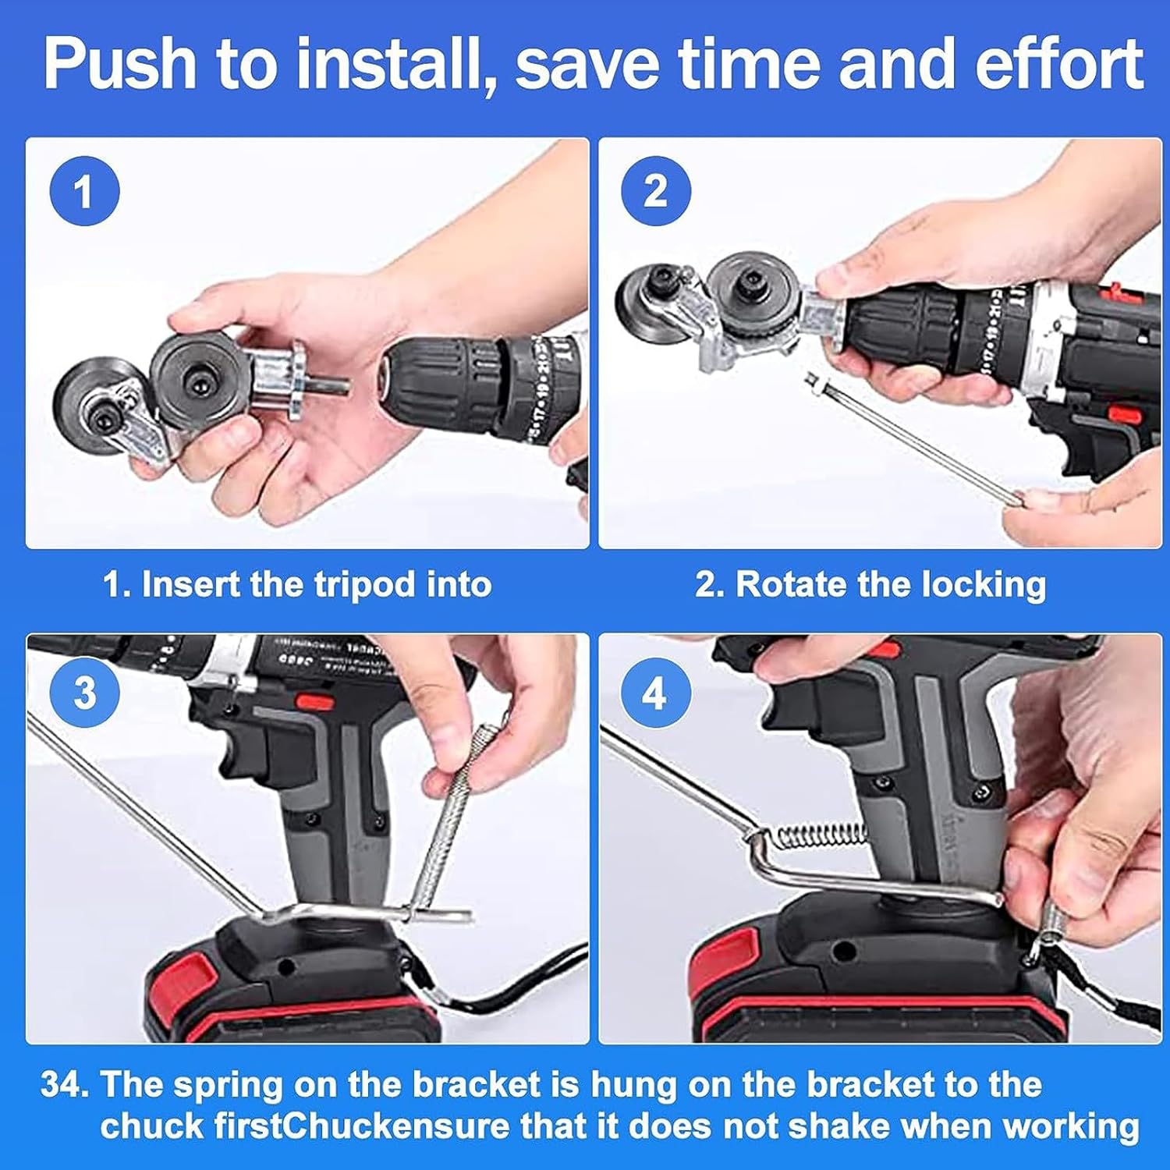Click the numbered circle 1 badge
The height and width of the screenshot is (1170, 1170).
pyautogui.click(x=84, y=191)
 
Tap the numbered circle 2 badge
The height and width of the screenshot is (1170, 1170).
pyautogui.click(x=656, y=191)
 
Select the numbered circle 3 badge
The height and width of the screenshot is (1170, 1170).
pyautogui.click(x=84, y=692)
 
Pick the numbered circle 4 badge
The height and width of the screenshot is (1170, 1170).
pyautogui.click(x=656, y=692)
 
